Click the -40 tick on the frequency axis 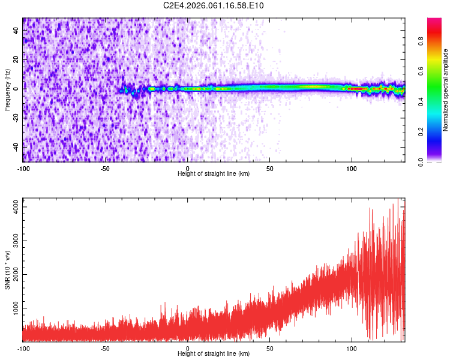[x=15, y=147]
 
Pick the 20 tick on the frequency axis [x=16, y=60]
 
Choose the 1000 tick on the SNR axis [x=13, y=308]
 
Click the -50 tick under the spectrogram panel [x=105, y=168]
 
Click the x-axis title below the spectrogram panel [x=214, y=174]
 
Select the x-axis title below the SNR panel [x=214, y=354]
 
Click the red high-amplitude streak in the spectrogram [x=358, y=89]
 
